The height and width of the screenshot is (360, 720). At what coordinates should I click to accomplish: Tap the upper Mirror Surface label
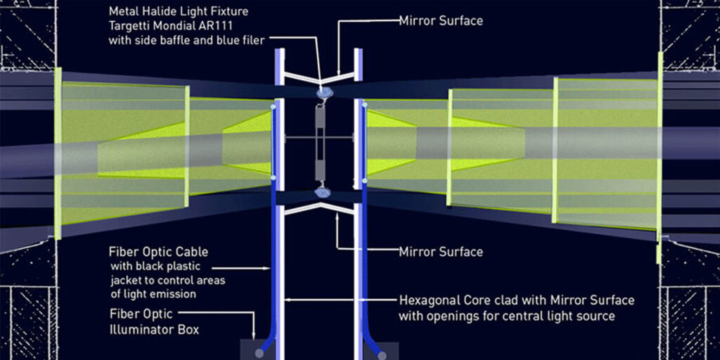pyautogui.click(x=440, y=21)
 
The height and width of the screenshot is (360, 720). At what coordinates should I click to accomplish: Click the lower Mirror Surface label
pyautogui.click(x=440, y=251)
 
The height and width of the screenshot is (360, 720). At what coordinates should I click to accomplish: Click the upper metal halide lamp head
pyautogui.click(x=323, y=92)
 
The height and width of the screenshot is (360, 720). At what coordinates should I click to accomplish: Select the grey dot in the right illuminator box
pyautogui.click(x=379, y=353)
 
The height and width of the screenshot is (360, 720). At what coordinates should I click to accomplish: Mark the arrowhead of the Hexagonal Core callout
pyautogui.click(x=285, y=300)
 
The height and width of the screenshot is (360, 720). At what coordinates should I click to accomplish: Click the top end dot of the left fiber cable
pyautogui.click(x=273, y=107)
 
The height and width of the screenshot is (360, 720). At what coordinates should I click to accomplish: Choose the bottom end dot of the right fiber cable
pyautogui.click(x=366, y=181)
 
